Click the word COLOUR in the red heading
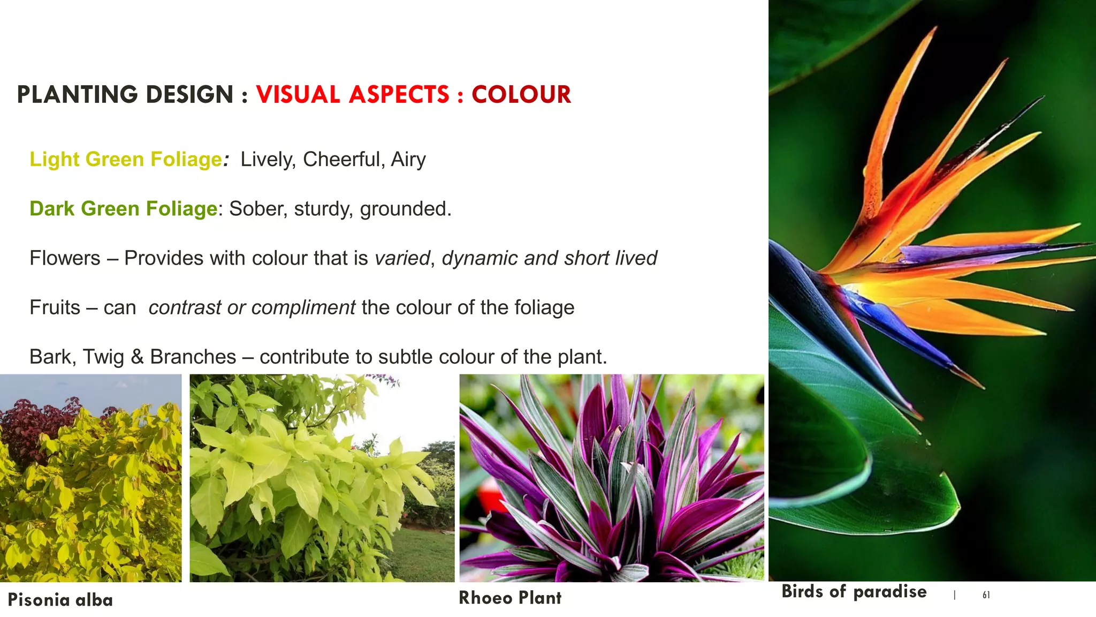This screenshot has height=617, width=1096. click(521, 95)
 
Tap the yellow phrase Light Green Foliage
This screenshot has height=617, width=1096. click(126, 160)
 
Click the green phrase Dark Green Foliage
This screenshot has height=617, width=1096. click(124, 209)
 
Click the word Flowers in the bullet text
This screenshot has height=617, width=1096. click(65, 258)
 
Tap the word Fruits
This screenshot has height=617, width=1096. click(55, 307)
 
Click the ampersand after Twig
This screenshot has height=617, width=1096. click(137, 357)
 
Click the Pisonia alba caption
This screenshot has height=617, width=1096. click(60, 600)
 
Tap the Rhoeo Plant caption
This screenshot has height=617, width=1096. click(510, 598)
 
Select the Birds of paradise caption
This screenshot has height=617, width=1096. click(854, 591)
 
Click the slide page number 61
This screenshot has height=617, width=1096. click(986, 595)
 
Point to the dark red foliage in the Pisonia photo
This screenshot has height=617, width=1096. click(32, 428)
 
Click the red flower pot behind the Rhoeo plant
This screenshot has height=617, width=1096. click(490, 495)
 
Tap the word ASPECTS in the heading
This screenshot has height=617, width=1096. click(399, 95)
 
